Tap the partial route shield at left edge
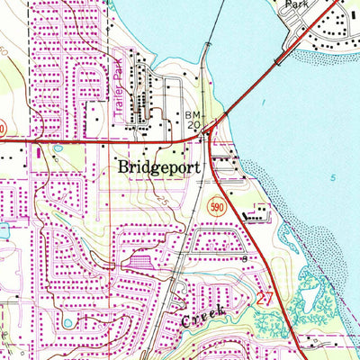click(3, 129)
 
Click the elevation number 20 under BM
click(193, 127)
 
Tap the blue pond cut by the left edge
click(3, 230)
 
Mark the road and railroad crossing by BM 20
click(208, 135)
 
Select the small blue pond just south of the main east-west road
click(58, 148)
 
